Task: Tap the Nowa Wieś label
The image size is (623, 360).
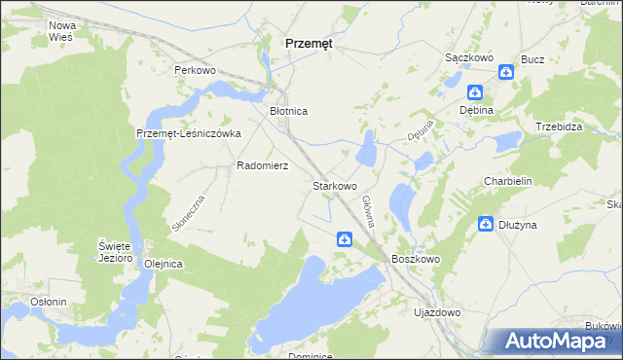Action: click(62, 30)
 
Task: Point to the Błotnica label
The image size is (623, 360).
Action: click(288, 112)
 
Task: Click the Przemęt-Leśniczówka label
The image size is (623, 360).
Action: click(188, 134)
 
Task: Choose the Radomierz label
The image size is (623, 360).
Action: click(262, 166)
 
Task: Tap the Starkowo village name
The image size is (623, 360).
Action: click(334, 185)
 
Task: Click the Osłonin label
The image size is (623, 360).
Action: click(48, 302)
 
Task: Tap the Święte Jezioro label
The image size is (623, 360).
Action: click(114, 252)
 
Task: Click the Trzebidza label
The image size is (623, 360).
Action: click(559, 127)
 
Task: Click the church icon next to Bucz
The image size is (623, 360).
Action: click(505, 72)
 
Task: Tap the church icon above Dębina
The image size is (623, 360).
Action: click(474, 93)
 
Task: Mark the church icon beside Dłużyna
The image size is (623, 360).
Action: click(485, 225)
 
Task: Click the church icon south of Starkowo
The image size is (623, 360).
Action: click(346, 239)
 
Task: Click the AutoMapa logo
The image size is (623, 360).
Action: click(558, 342)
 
